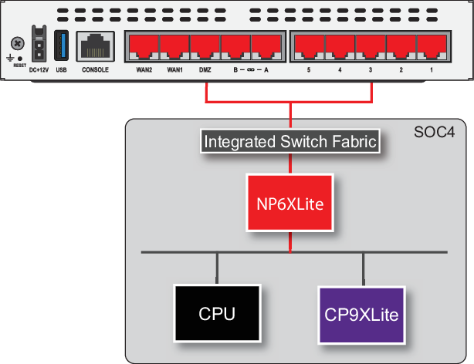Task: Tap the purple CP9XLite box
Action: click(361, 315)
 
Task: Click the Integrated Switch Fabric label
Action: click(289, 142)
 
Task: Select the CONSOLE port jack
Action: click(95, 47)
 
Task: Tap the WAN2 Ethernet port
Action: click(144, 48)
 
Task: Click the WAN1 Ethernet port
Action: click(174, 48)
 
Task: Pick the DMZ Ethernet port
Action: click(205, 48)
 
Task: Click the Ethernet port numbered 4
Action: click(340, 48)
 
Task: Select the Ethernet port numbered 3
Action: click(371, 48)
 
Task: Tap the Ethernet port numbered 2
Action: click(401, 48)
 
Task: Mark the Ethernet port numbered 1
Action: click(432, 48)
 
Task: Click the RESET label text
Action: click(19, 66)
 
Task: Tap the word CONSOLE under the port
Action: click(95, 70)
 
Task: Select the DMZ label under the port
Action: click(205, 70)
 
